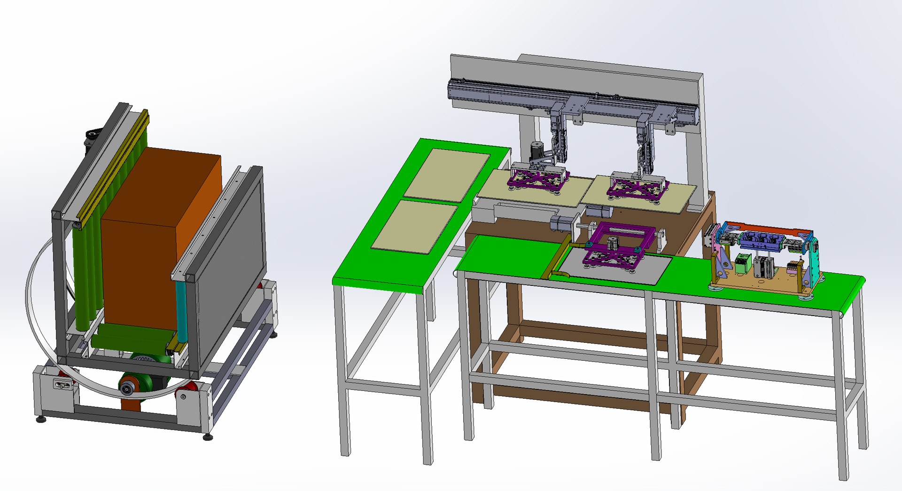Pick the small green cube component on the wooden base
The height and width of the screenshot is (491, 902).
pos(742,263)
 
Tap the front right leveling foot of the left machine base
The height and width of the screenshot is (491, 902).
pos(207,437)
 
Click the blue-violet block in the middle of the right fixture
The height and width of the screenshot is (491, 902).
pos(761,240)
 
